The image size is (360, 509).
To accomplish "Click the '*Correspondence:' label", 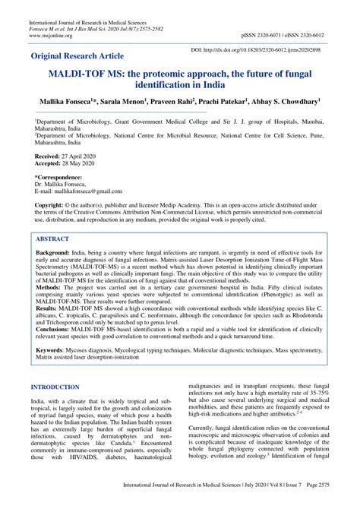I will (x=58, y=175).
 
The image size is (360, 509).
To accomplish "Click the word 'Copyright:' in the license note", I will (x=49, y=205).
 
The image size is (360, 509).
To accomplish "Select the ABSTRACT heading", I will (x=57, y=238).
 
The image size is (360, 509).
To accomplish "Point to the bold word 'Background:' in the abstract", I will (x=55, y=253).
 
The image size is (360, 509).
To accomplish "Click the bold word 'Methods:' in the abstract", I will (x=51, y=289).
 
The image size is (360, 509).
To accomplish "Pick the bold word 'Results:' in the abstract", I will (x=49, y=310).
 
